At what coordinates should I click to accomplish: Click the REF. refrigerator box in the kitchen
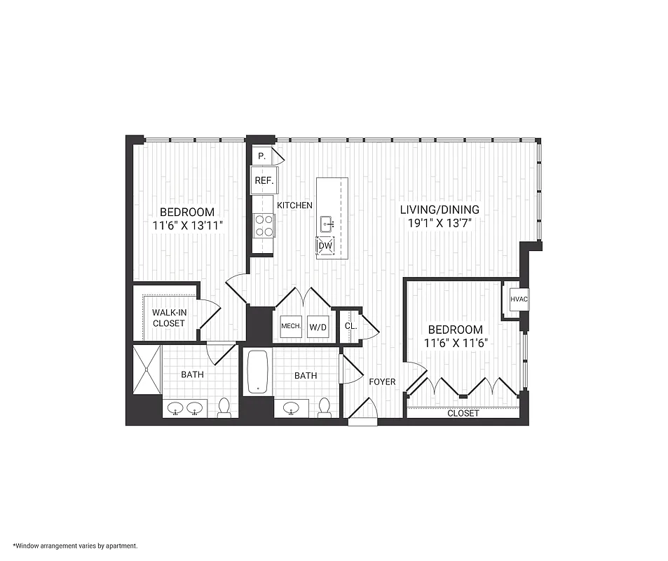coord(264,180)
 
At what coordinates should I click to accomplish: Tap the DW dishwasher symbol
coord(325,246)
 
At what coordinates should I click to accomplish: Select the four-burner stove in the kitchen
coord(264,226)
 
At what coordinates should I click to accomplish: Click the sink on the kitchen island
coord(326,224)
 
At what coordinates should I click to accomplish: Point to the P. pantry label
coord(261,156)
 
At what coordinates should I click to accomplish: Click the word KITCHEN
coord(294,205)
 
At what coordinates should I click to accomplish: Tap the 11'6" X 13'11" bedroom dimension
coord(187,226)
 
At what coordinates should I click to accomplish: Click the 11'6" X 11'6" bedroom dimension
coord(456,344)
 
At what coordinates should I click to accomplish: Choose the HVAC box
coord(519,299)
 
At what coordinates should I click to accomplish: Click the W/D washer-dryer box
coord(318,327)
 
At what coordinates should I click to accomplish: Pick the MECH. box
coord(291,327)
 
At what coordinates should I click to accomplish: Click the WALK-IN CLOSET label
coord(168,318)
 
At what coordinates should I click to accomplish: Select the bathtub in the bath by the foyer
coord(259,372)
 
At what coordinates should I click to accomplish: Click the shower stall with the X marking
coord(147,370)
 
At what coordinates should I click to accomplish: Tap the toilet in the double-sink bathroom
coord(224,408)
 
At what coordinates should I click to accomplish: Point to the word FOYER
coord(382,382)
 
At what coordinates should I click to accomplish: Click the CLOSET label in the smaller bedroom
coord(463,414)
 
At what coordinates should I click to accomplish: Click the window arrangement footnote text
coord(75,545)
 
